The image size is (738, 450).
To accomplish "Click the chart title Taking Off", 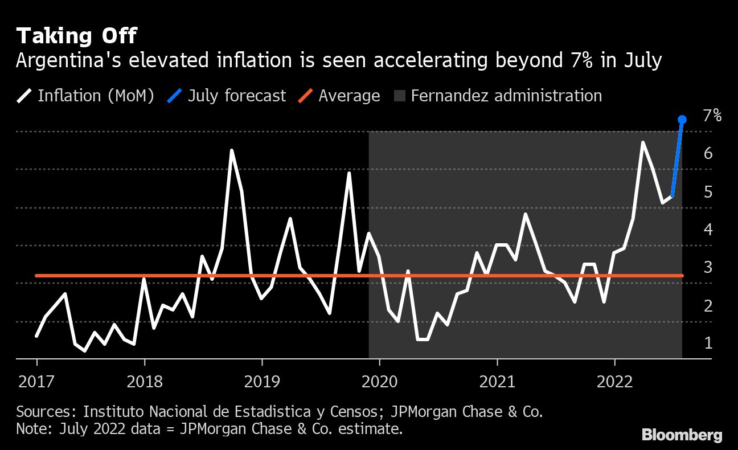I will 76,36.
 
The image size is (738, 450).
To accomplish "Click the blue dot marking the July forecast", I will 682,120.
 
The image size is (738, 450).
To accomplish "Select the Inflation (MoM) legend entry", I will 85,96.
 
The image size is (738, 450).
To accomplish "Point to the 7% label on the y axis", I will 712,116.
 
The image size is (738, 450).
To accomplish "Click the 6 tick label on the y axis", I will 708,154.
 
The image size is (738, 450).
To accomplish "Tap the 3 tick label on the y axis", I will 708,267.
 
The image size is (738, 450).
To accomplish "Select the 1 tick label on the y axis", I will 708,343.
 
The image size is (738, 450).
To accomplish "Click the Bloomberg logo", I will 682,435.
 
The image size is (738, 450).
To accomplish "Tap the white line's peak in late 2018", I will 232,150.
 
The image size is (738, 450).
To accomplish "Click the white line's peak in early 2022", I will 642,142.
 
